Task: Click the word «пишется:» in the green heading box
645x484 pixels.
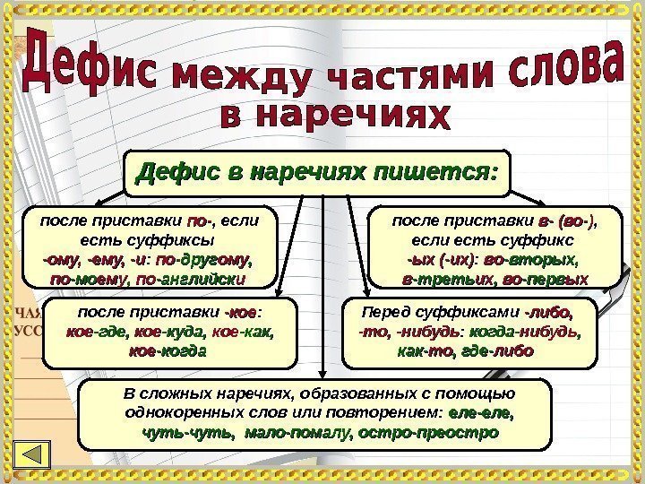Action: [439, 169]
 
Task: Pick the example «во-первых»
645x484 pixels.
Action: [546, 280]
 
